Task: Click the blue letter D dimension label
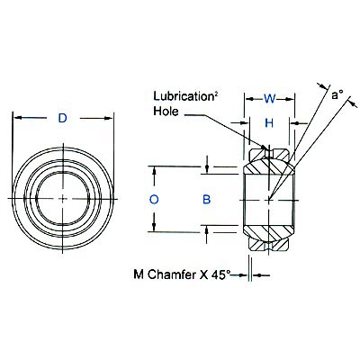(62, 119)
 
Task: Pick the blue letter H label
(267, 121)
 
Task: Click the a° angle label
(337, 94)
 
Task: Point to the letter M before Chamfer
(139, 274)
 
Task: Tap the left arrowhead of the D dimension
(17, 119)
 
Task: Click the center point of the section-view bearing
(268, 198)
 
